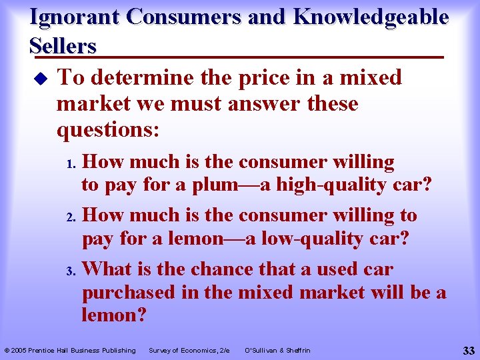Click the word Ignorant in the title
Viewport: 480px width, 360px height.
click(73, 18)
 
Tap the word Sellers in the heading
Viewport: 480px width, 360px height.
click(63, 46)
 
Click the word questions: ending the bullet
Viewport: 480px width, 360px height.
click(108, 130)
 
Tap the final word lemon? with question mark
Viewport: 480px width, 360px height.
click(113, 315)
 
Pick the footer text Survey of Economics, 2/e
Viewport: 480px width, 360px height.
click(189, 350)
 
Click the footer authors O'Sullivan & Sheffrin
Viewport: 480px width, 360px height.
click(277, 350)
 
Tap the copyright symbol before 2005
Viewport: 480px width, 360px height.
click(7, 350)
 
